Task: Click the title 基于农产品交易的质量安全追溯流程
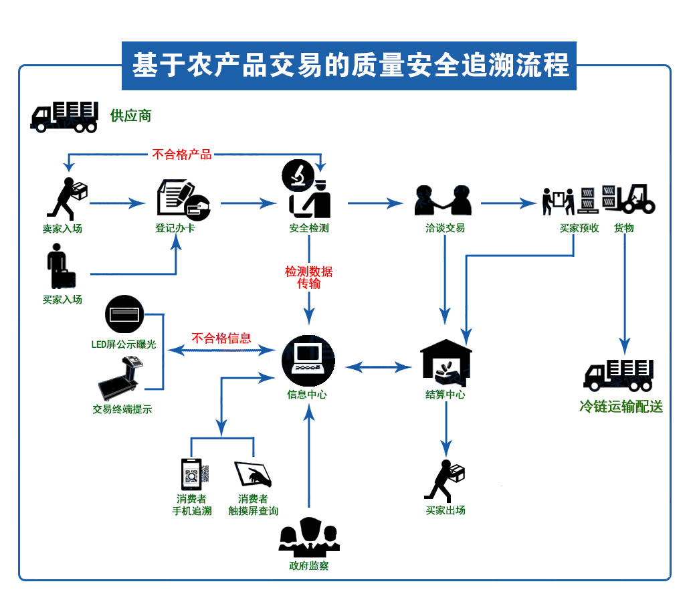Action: click(349, 66)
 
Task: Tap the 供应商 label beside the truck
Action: click(131, 116)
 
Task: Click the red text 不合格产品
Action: click(182, 155)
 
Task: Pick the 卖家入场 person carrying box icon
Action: click(67, 199)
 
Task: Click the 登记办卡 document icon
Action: click(182, 199)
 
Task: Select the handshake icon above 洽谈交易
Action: click(444, 199)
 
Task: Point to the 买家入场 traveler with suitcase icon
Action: click(60, 266)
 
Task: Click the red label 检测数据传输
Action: click(308, 278)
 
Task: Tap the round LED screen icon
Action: click(124, 315)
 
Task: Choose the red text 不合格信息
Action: click(221, 338)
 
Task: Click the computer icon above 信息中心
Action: click(308, 361)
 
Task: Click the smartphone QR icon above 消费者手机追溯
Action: click(193, 474)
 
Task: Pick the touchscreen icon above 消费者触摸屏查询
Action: click(253, 474)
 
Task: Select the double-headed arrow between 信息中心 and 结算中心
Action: click(378, 367)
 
